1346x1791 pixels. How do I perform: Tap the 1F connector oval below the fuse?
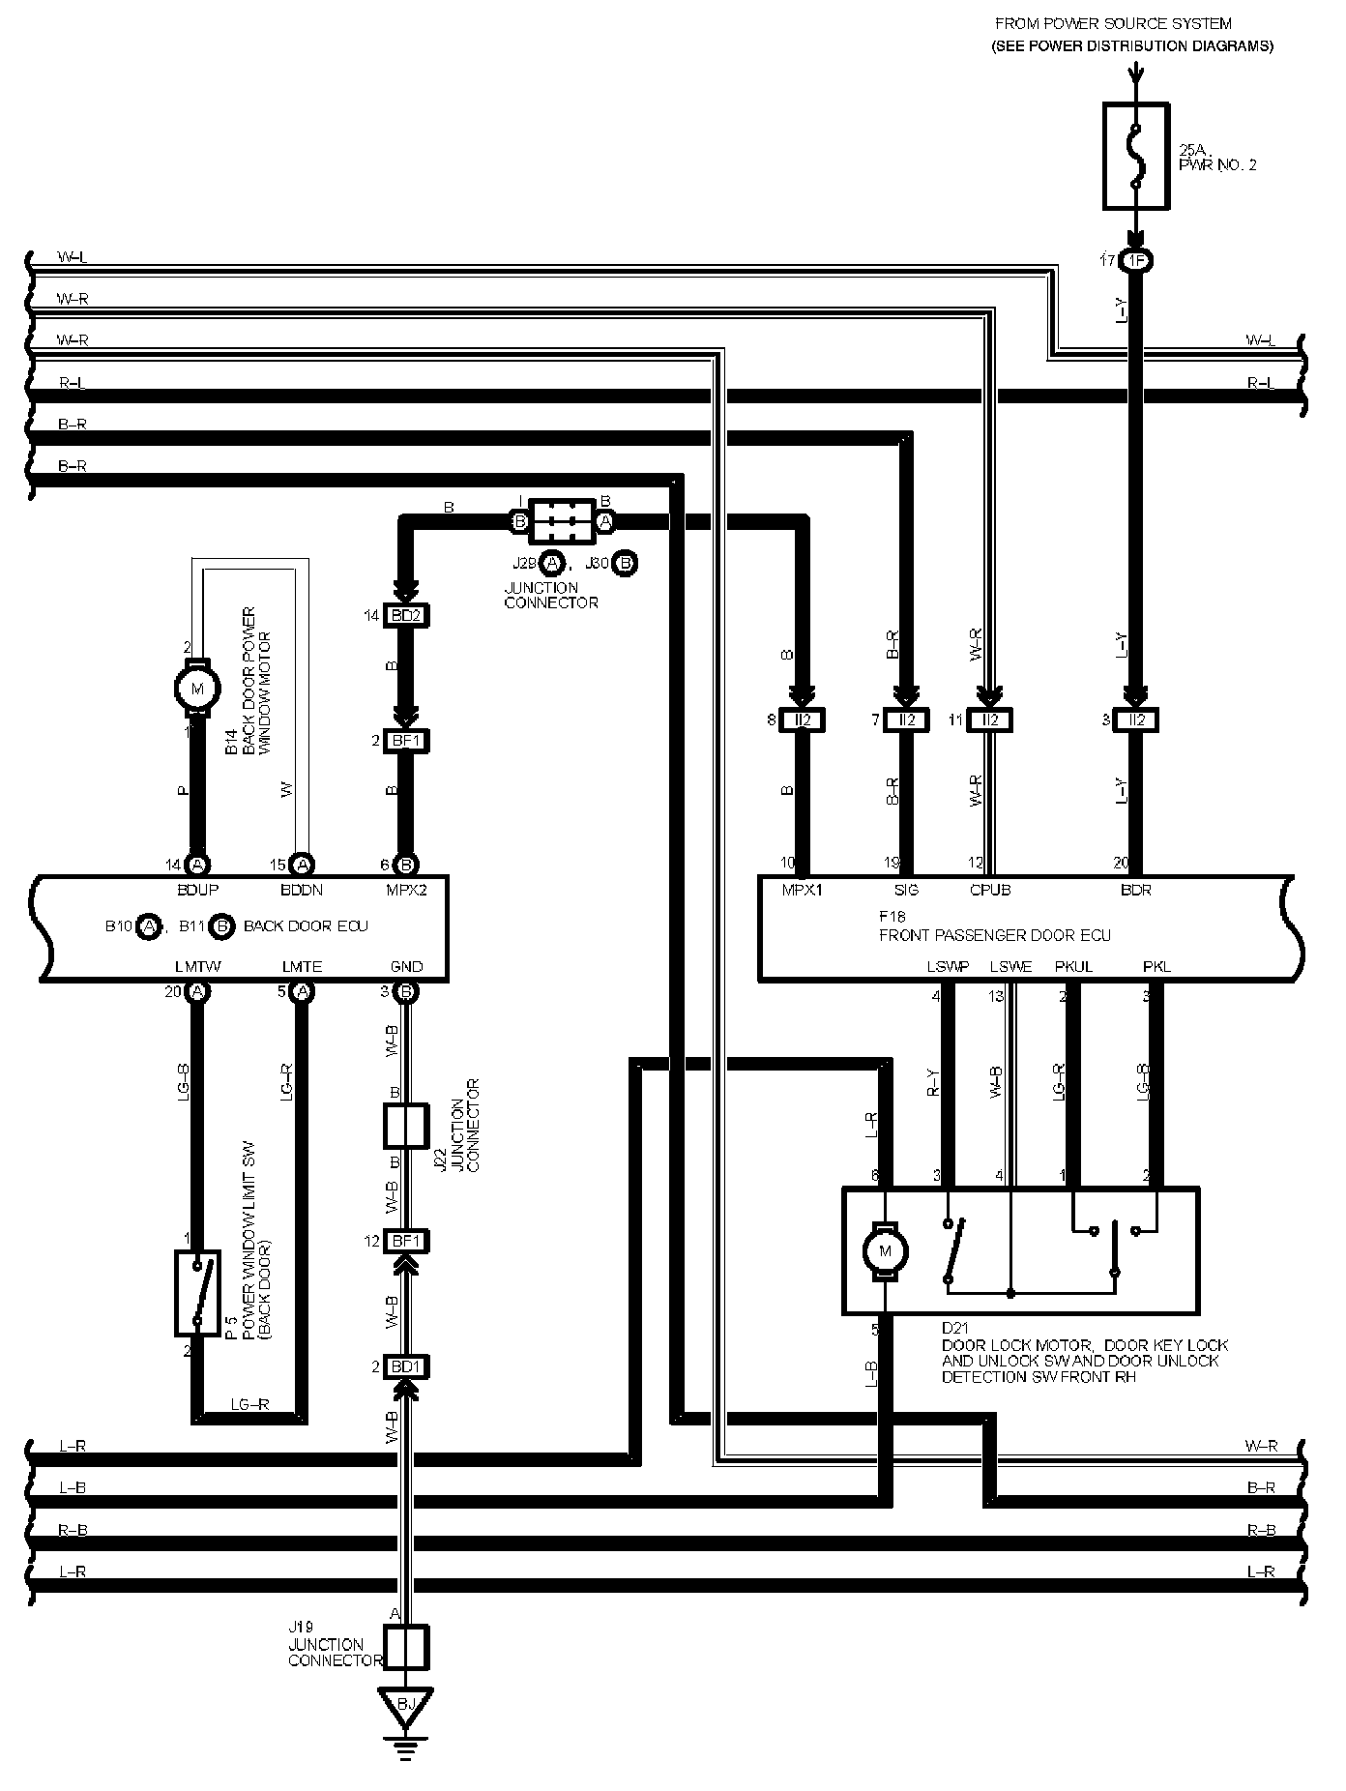1137,261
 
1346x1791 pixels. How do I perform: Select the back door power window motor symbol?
197,689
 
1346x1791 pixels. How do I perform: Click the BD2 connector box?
406,615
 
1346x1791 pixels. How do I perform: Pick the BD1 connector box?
406,1367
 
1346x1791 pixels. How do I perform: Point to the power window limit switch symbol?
197,1292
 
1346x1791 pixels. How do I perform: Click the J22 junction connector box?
406,1126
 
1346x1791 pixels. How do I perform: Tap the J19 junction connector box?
406,1646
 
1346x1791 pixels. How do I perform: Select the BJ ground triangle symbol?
406,1706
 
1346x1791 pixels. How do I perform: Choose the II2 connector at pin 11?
989,720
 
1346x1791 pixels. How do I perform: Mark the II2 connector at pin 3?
1136,720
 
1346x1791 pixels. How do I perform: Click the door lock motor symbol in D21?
884,1252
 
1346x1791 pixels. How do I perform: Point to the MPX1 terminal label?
802,890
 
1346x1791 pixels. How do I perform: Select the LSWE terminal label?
1010,966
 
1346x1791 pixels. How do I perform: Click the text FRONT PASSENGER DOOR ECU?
994,935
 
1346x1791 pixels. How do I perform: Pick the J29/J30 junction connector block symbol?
562,521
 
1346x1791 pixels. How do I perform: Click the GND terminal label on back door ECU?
407,966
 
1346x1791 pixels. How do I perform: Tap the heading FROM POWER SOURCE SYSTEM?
1113,23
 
